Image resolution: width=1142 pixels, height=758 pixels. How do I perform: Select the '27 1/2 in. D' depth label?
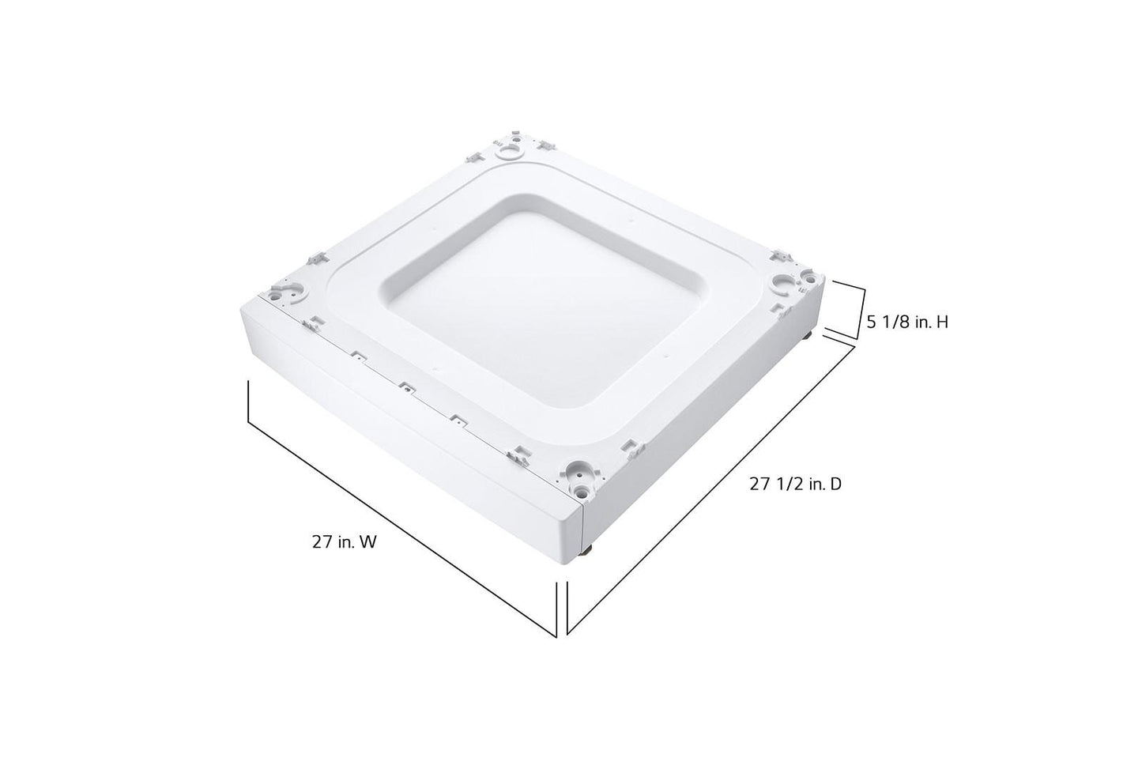(x=795, y=485)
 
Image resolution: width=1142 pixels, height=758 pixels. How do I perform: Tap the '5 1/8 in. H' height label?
(x=907, y=322)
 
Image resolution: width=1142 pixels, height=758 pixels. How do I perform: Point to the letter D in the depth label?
(x=835, y=485)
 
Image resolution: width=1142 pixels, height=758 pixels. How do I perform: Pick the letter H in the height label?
(x=942, y=322)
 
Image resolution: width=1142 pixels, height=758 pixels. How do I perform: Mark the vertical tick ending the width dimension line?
(x=556, y=609)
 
